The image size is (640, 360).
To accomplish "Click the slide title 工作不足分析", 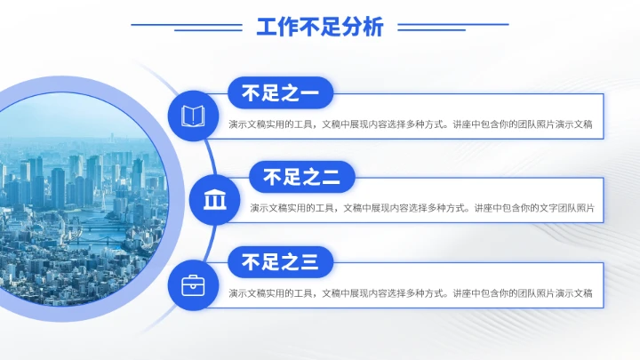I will tap(320, 28).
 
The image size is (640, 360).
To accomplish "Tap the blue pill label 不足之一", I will tap(280, 92).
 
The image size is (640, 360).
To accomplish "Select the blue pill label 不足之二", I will tap(302, 177).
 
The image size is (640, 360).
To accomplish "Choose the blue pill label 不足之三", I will tap(280, 261).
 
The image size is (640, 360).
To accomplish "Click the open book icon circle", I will tap(193, 116).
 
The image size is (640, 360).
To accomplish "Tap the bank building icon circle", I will tap(214, 200).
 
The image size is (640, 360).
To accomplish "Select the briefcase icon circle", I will tap(193, 285).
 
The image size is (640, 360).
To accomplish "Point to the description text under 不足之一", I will tap(410, 125).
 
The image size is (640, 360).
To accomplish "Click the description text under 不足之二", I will tap(422, 209).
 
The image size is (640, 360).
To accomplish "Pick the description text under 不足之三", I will tap(410, 293).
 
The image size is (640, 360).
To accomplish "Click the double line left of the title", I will tap(187, 28).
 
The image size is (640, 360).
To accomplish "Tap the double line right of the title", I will tap(453, 28).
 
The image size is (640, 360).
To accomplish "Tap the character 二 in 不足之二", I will tap(331, 177).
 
